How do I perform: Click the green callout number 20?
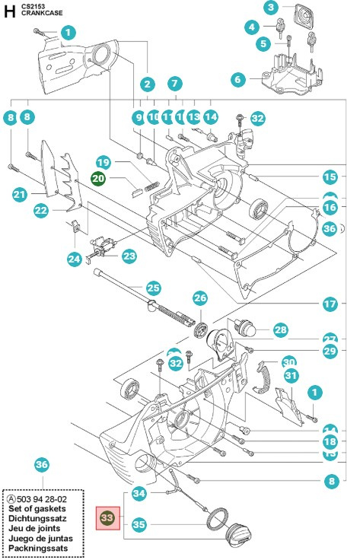point(99,178)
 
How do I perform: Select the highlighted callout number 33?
point(107,518)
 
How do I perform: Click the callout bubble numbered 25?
point(154,288)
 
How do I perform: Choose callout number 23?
point(129,256)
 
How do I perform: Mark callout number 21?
point(20,195)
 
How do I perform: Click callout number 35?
point(139,524)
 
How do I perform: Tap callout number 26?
point(200,297)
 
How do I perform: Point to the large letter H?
point(9,11)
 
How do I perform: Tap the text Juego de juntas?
point(40,537)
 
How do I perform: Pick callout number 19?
point(104,162)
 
